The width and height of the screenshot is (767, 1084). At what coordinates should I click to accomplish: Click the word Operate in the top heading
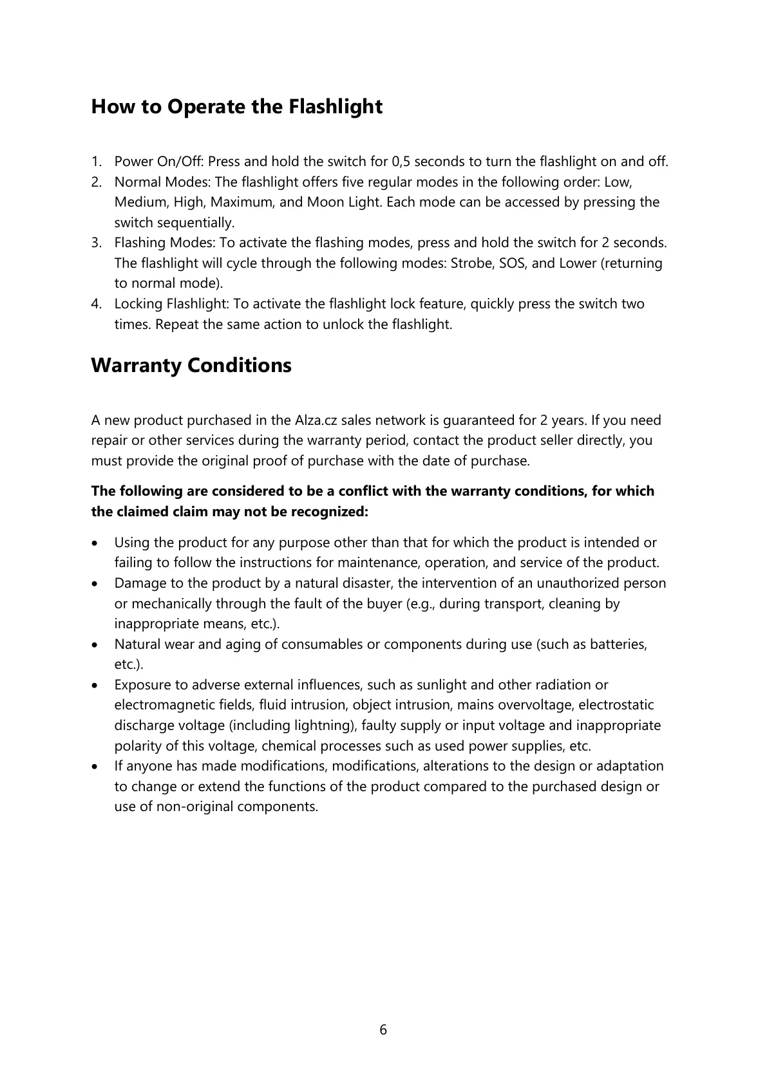206,107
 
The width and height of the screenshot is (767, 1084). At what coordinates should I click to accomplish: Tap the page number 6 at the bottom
383,1030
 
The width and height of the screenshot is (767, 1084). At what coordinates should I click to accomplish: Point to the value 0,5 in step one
401,161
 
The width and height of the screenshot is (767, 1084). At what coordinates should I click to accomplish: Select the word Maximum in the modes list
240,202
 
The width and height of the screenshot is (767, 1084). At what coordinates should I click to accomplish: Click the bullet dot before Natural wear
95,644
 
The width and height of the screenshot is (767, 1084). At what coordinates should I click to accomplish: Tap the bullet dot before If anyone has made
95,766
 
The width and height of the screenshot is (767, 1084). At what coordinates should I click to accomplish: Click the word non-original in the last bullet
196,807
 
